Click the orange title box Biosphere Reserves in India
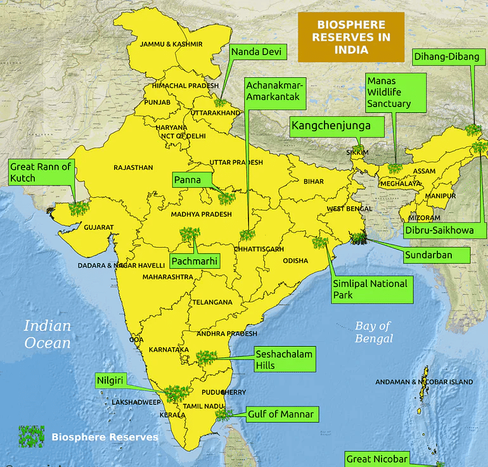tap(350, 37)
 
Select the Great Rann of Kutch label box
tap(41, 172)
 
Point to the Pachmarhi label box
tap(195, 260)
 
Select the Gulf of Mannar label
tap(279, 414)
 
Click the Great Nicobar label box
tap(376, 459)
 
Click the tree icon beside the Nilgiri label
tap(176, 393)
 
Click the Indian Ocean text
tap(48, 334)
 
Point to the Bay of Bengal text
tap(373, 332)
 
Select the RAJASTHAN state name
tap(133, 168)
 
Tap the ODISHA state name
tap(295, 260)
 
